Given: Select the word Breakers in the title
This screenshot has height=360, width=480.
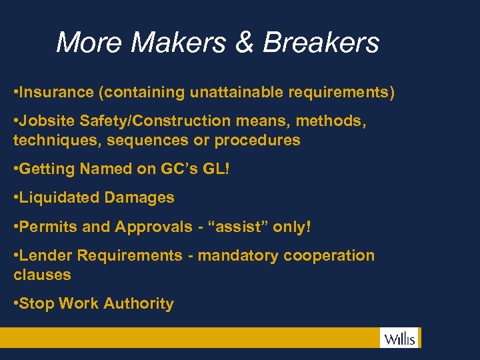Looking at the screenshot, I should pyautogui.click(x=321, y=43).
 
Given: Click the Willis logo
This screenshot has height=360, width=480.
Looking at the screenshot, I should pyautogui.click(x=399, y=338).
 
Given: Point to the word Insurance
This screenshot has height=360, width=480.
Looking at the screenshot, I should pyautogui.click(x=57, y=92).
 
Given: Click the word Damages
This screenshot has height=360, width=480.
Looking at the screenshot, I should pyautogui.click(x=138, y=197).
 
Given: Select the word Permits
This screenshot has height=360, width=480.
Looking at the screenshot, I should pyautogui.click(x=49, y=227).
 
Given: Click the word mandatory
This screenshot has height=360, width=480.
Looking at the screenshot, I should pyautogui.click(x=239, y=255).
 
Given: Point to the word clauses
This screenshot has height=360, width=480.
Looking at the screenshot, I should pyautogui.click(x=42, y=274).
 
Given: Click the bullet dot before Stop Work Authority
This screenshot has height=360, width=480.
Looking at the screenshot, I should pyautogui.click(x=16, y=303).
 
